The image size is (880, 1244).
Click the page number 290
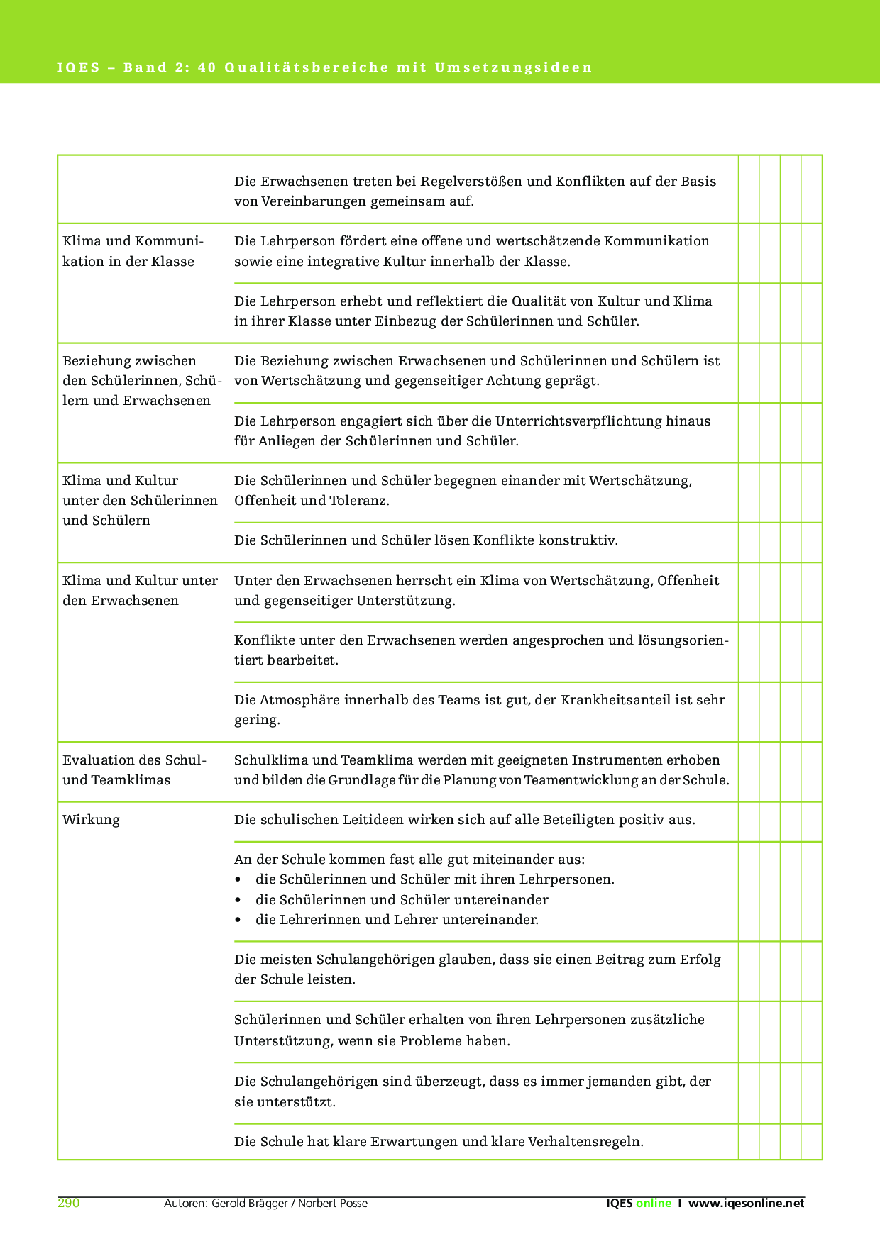69,1203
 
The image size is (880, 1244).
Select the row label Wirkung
91,820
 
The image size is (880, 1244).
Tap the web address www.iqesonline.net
747,1203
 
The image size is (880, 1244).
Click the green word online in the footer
654,1203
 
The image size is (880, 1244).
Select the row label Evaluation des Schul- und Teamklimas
134,770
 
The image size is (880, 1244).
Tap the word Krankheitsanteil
615,700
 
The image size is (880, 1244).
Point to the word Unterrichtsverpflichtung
578,421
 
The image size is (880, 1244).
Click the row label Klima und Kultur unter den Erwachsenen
140,590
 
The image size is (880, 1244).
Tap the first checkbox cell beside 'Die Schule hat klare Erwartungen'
749,1142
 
